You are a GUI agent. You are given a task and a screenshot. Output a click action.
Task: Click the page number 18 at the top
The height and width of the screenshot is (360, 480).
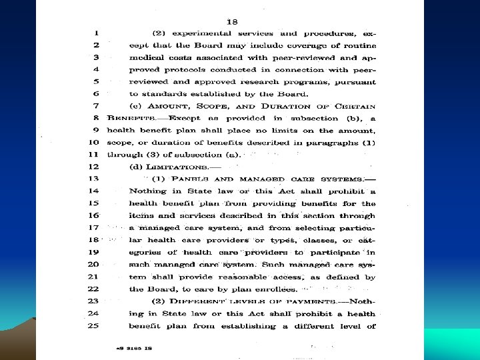(232, 21)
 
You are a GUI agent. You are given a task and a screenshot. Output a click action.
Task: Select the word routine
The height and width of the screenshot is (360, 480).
(359, 45)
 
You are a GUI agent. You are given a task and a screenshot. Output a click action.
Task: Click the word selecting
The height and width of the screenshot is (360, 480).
(303, 228)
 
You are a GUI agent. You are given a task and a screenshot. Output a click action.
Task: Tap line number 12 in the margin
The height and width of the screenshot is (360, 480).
(93, 167)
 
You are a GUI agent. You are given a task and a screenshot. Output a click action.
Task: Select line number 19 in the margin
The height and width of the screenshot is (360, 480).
(93, 253)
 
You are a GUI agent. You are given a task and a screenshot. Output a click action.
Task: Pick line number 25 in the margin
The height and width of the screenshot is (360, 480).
(93, 326)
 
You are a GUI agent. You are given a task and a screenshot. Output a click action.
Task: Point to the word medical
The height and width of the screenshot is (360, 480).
(147, 57)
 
